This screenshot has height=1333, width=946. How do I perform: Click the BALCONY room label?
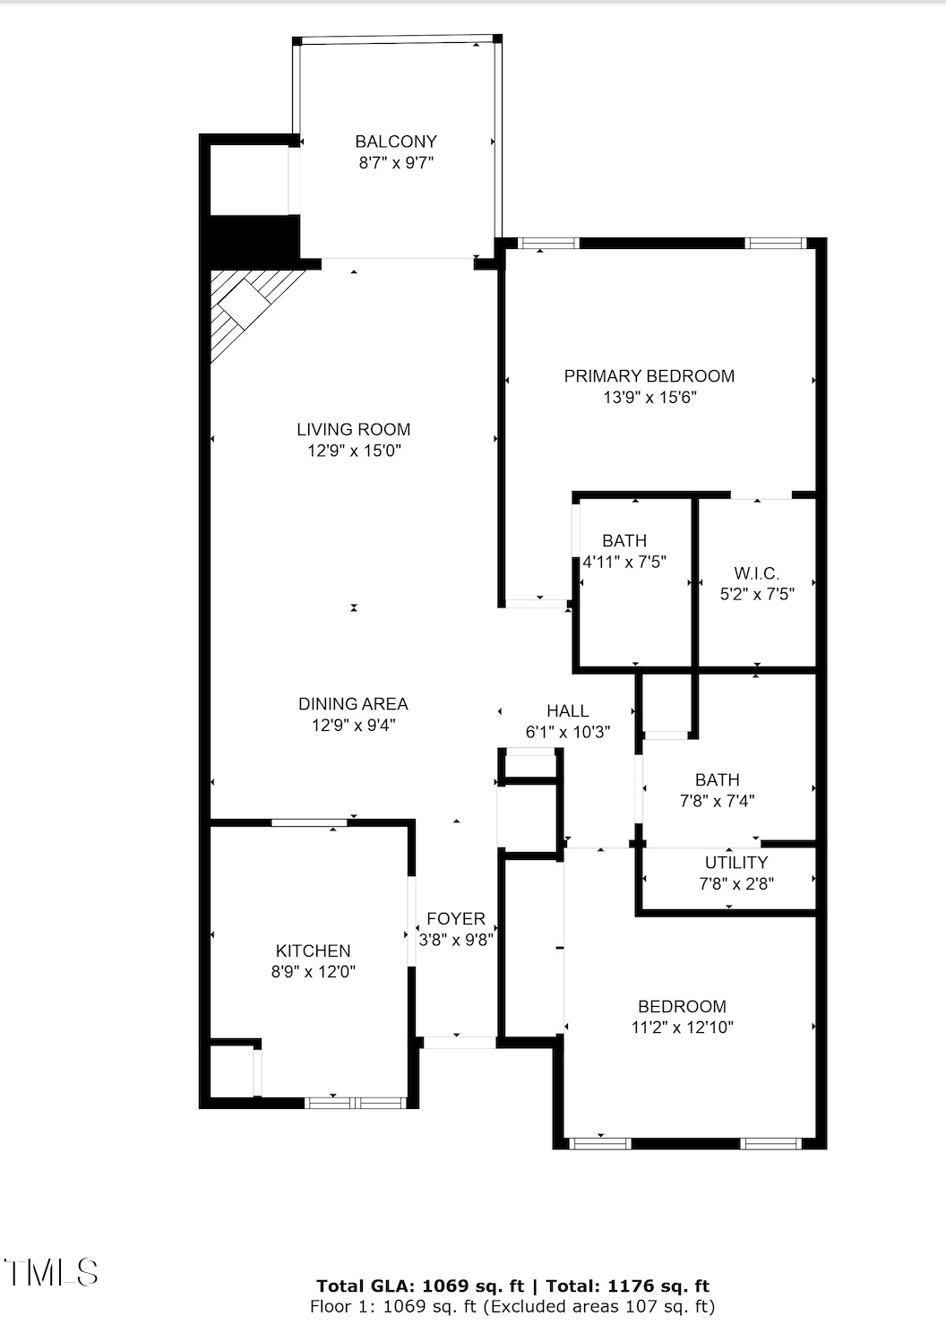pos(396,142)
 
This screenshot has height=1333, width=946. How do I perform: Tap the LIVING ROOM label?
pos(354,429)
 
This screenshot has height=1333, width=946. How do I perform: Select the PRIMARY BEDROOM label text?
pos(649,376)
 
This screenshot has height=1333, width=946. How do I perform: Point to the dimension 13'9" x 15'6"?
pos(649,398)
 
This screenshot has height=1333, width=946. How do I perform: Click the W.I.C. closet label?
pos(757,572)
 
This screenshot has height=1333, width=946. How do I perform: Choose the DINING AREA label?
pos(353,704)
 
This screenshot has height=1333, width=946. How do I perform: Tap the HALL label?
pos(568,710)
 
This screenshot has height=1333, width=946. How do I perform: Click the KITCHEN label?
pos(313,950)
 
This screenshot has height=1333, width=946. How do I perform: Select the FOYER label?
pos(456,918)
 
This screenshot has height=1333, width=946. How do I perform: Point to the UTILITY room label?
pos(735,862)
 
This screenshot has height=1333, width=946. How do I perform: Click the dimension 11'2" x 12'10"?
pos(682,1028)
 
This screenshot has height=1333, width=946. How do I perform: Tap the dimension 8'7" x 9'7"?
pos(396,163)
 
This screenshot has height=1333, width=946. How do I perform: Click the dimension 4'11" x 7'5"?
pos(624,563)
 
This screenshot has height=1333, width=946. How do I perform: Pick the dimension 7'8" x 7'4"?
pos(717,801)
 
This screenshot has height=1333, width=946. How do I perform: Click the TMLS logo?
pos(50,1272)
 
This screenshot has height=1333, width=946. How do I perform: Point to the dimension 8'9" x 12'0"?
pos(313,972)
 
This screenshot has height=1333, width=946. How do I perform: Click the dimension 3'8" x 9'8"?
pos(456,940)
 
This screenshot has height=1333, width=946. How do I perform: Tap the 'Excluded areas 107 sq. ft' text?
pos(598,1306)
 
